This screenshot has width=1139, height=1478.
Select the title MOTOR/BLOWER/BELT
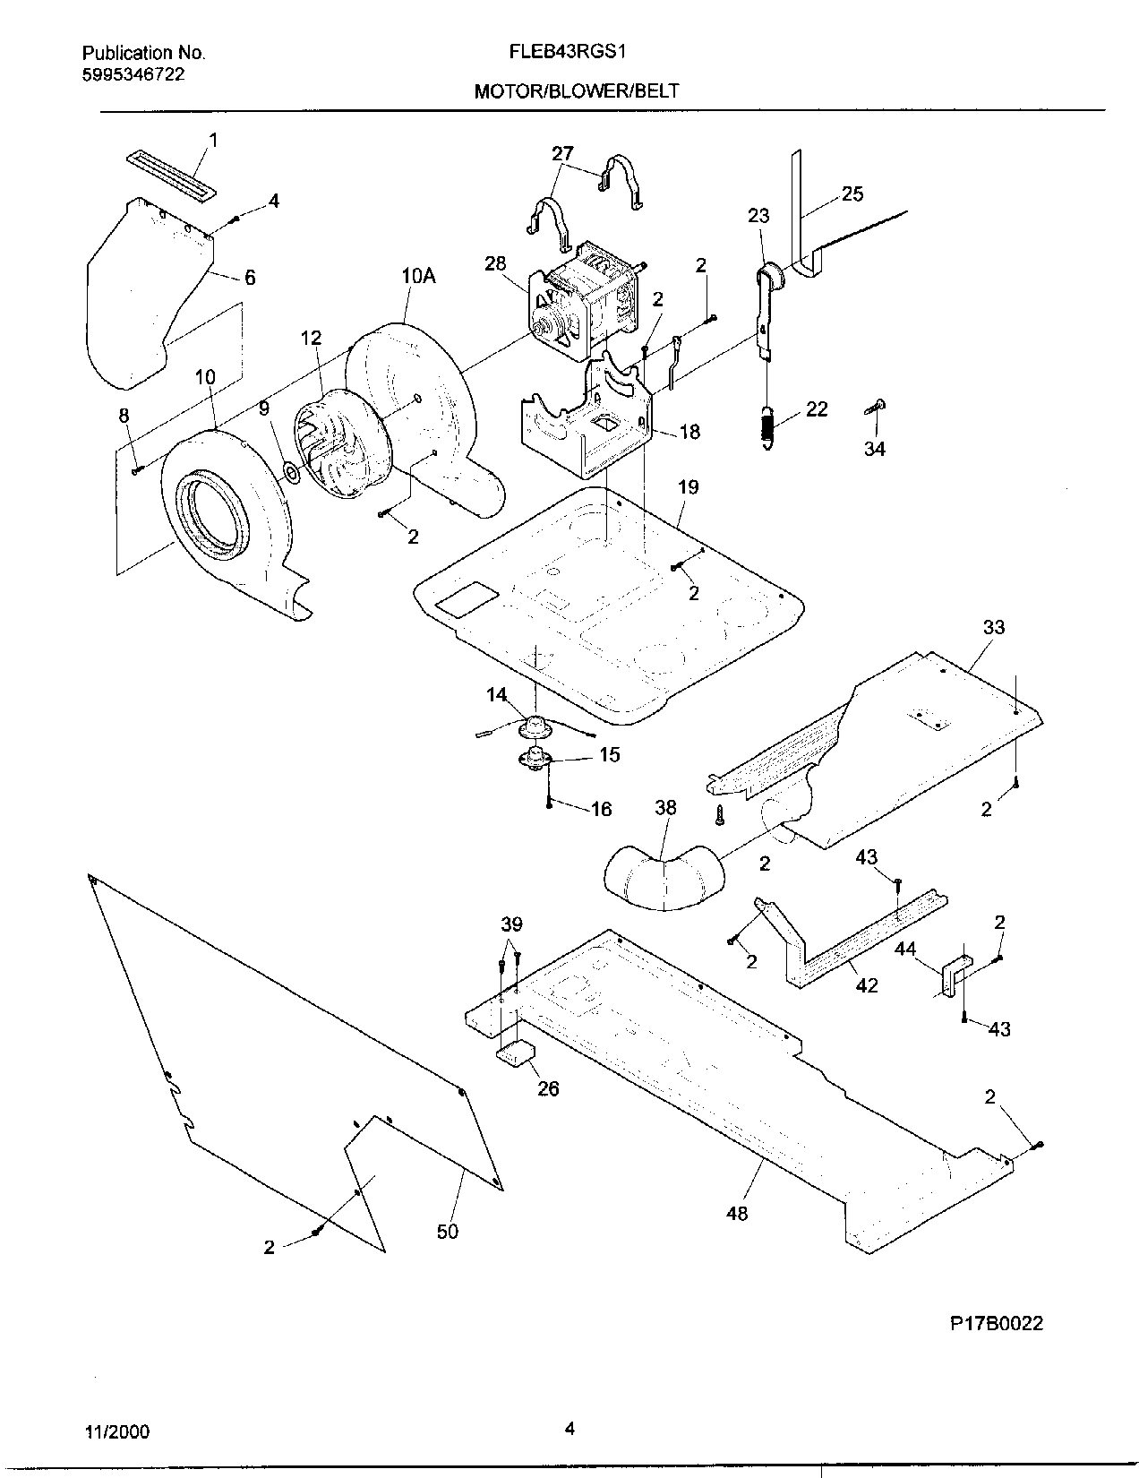pyautogui.click(x=577, y=90)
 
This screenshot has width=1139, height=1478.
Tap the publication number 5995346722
pyautogui.click(x=133, y=74)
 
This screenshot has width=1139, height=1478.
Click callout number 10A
pyautogui.click(x=417, y=276)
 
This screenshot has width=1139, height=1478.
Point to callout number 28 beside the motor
pyautogui.click(x=494, y=263)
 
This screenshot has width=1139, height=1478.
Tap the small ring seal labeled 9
pyautogui.click(x=291, y=471)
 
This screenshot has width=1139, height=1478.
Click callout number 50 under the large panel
pyautogui.click(x=447, y=1231)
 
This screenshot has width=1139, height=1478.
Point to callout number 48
pyautogui.click(x=738, y=1213)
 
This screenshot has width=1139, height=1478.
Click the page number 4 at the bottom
pyautogui.click(x=569, y=1429)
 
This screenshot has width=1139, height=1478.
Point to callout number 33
pyautogui.click(x=994, y=628)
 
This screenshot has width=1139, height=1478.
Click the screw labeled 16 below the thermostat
pyautogui.click(x=548, y=793)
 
